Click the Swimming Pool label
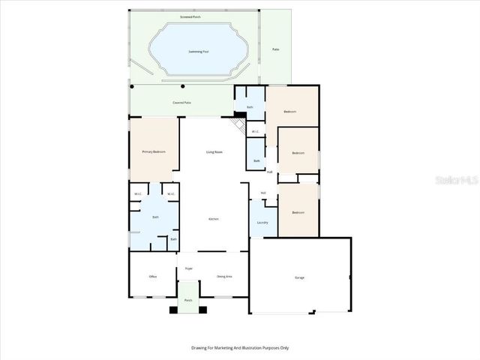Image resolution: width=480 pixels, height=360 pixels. coord(198,52)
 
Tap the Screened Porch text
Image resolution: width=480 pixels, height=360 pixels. coord(190,15)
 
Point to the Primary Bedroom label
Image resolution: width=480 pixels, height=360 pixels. coord(154,151)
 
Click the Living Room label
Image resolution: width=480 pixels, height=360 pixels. coord(214,152)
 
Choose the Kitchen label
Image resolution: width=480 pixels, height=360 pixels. coord(214,218)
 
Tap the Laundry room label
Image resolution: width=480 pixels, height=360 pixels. coord(262,222)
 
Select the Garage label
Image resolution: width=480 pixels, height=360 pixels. coord(299,277)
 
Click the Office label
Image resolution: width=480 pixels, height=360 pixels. coord(153,277)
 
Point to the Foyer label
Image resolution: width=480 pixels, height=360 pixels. coord(189,265)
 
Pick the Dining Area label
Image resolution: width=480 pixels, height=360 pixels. coord(223,277)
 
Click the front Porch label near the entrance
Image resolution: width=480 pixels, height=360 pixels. coord(189,300)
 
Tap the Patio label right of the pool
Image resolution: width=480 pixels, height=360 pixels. coord(275,49)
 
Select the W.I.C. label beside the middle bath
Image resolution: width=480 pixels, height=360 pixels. coord(255,131)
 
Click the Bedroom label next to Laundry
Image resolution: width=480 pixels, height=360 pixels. coord(298,212)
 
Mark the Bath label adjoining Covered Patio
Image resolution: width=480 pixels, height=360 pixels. coord(250,107)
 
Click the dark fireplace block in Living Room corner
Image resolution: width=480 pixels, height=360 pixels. coord(240,115)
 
